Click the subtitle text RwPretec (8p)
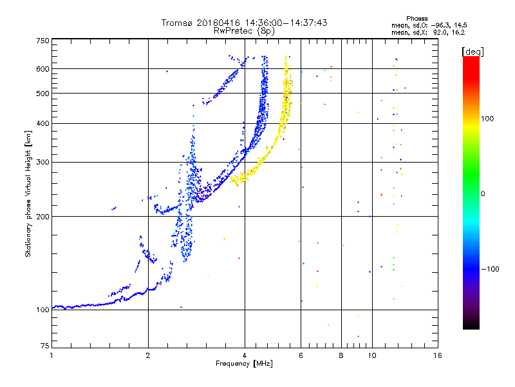[x=244, y=31]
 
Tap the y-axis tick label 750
[x=43, y=41]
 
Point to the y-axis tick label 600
[x=43, y=69]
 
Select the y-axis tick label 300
[x=43, y=162]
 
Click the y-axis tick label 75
[x=45, y=346]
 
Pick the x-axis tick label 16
[x=438, y=355]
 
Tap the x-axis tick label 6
[x=301, y=355]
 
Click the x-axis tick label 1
[x=51, y=355]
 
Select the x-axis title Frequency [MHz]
[x=244, y=364]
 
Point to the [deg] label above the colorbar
[x=473, y=52]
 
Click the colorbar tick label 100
[x=487, y=119]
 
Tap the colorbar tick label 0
[x=483, y=194]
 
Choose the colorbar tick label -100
[x=490, y=269]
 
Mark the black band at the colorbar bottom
[x=471, y=324]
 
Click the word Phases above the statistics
[x=417, y=19]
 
